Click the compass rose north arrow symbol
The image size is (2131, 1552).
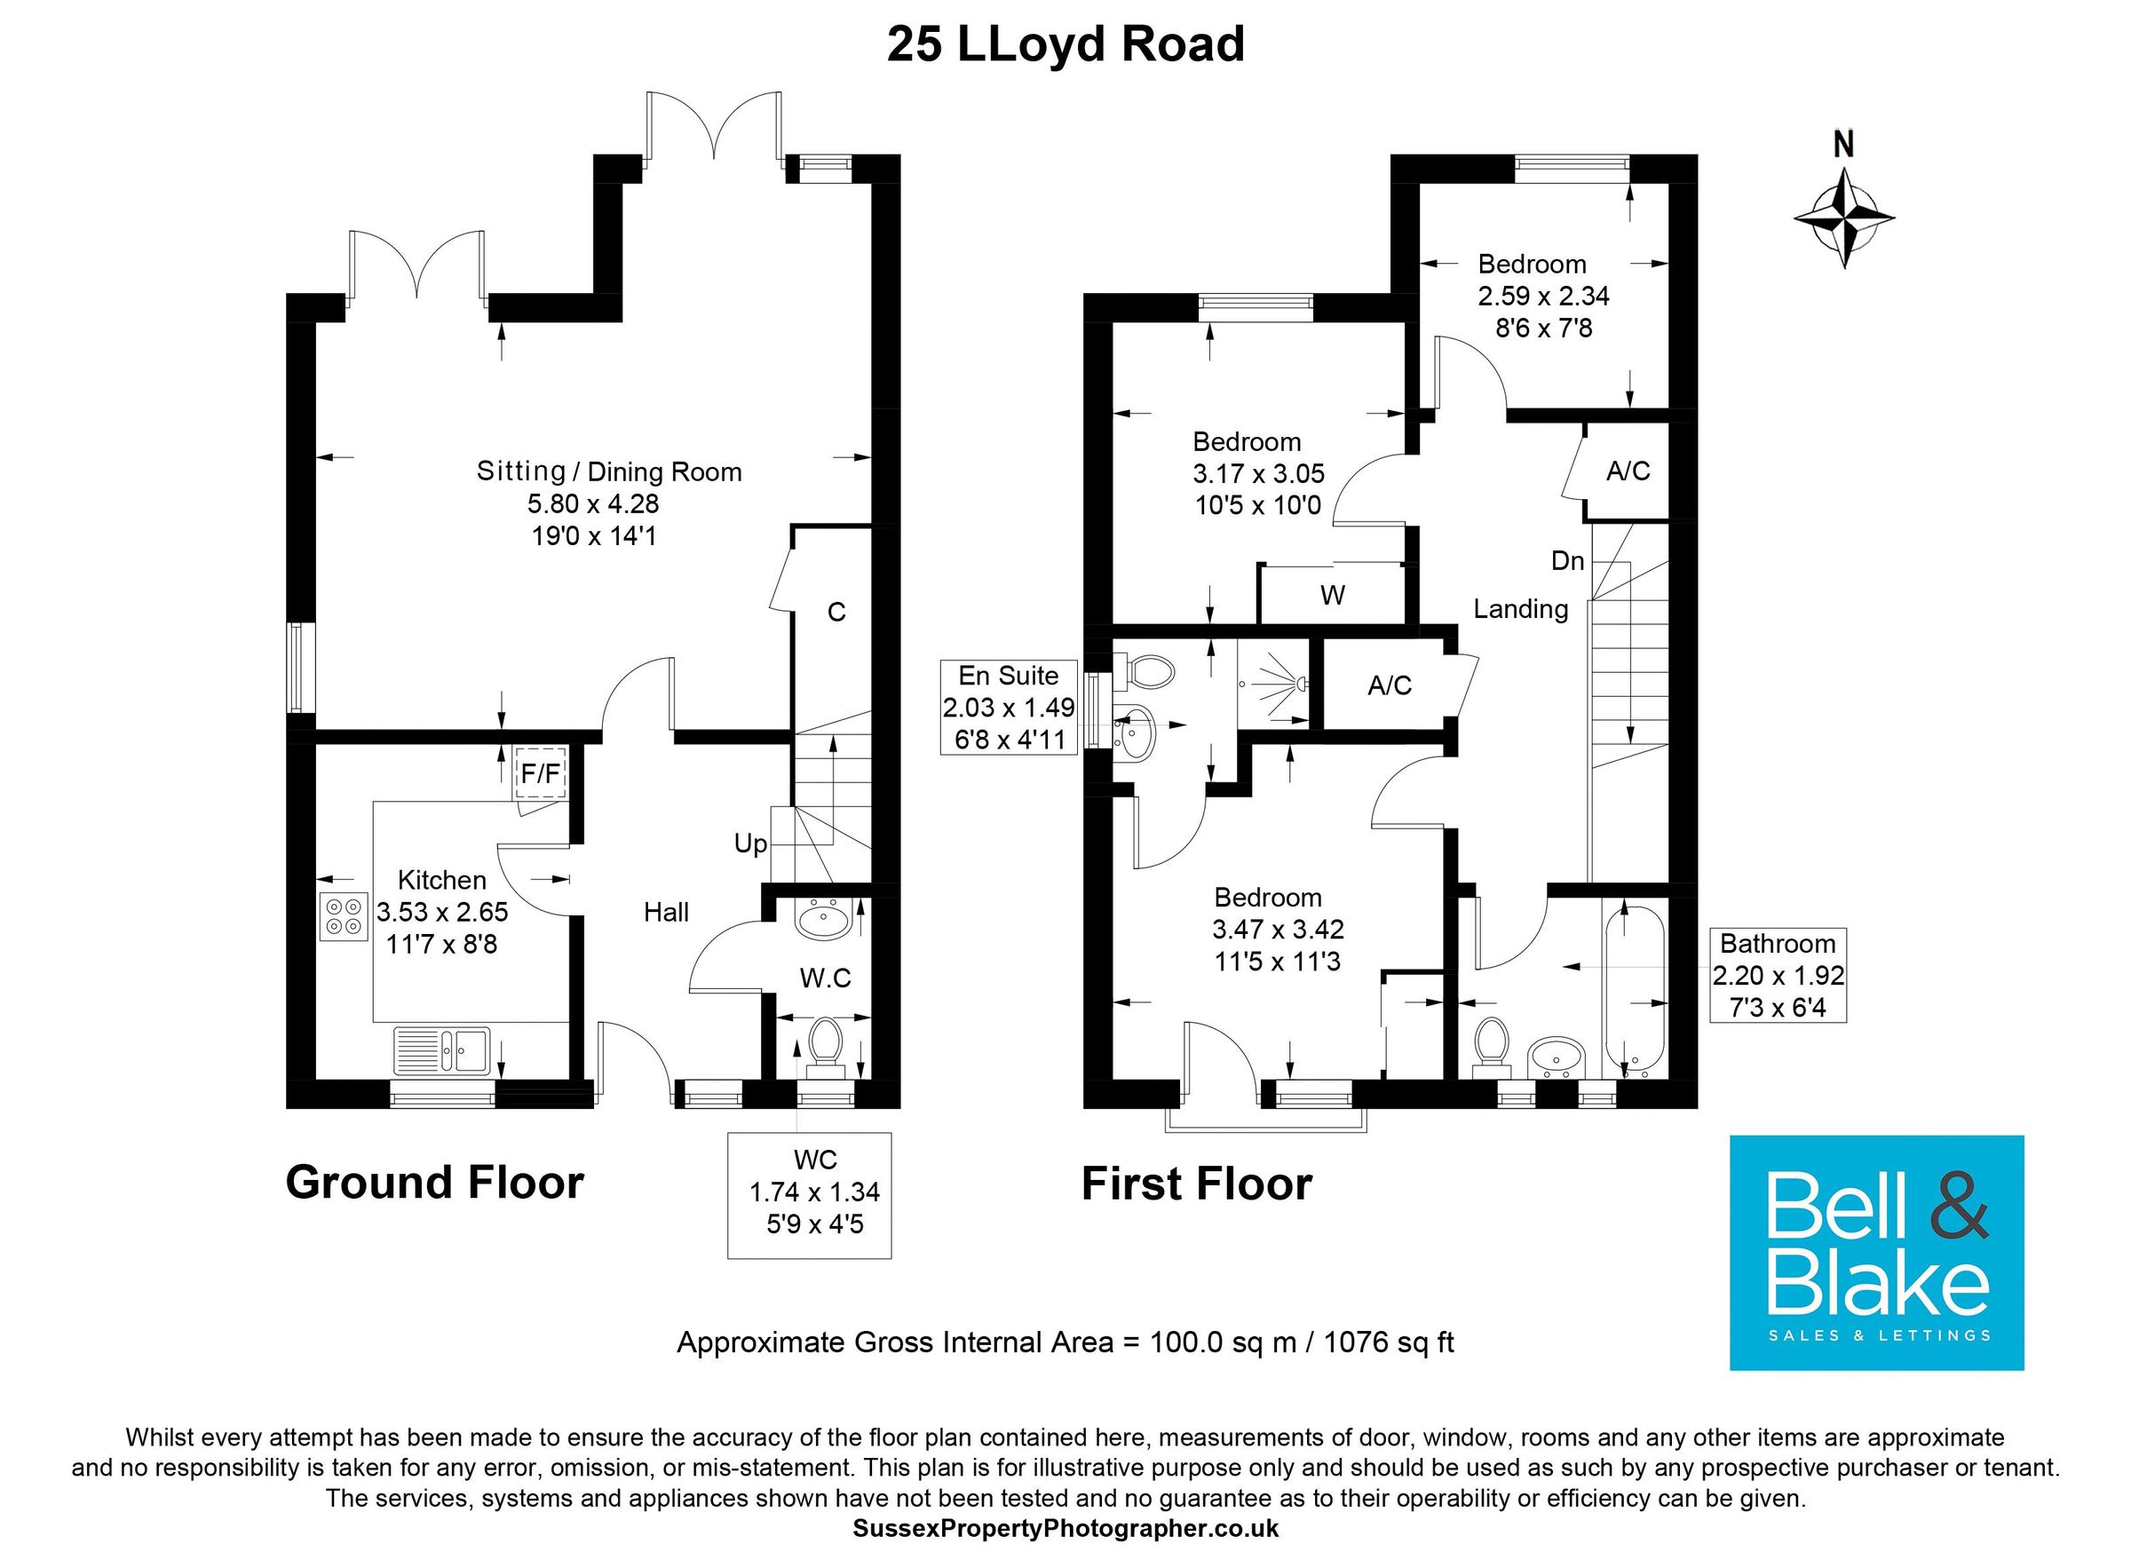[1843, 218]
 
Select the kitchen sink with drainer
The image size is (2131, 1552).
[442, 1049]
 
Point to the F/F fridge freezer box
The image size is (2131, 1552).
[540, 773]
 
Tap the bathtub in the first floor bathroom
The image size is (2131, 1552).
[1635, 990]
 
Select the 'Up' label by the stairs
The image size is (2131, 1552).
[749, 843]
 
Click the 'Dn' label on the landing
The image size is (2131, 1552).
[1567, 561]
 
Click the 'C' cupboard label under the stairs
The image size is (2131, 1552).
[836, 613]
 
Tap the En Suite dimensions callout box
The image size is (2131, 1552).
[1008, 707]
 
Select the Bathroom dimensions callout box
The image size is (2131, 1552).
[1777, 974]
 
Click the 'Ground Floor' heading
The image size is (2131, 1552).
[434, 1182]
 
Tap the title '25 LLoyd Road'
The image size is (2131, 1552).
[1065, 44]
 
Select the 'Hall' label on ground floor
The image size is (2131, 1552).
[666, 911]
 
